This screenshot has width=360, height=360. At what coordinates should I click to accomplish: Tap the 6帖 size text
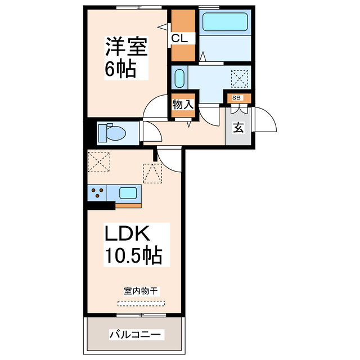[x=119, y=69]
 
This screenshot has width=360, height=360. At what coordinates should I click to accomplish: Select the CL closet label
[x=183, y=38]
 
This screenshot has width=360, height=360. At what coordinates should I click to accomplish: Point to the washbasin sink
[x=179, y=78]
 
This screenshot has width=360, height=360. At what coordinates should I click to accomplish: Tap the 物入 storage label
[x=183, y=104]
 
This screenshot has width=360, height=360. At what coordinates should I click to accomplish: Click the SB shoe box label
[x=237, y=98]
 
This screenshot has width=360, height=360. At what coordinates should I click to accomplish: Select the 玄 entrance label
[x=238, y=128]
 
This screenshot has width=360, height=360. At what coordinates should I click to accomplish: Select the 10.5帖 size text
[x=133, y=256]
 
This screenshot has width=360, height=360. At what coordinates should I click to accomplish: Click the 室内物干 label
[x=141, y=291]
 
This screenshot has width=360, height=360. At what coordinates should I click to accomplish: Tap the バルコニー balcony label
[x=135, y=334]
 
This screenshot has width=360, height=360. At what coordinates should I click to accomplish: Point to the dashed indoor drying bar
[x=141, y=303]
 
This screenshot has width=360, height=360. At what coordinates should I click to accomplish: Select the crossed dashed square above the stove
[x=98, y=163]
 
